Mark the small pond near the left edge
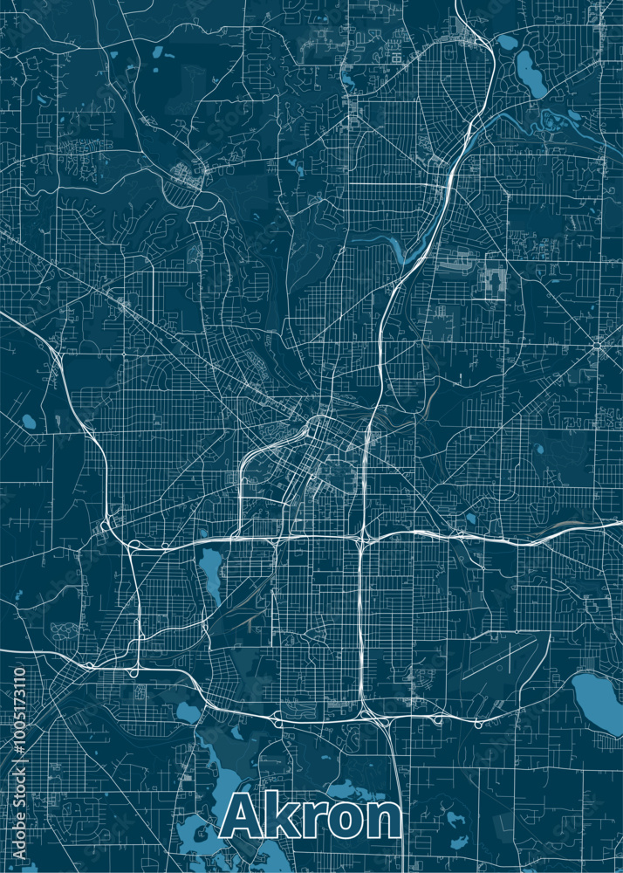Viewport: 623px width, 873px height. pyautogui.click(x=29, y=422)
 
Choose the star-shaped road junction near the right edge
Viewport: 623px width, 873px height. pyautogui.click(x=597, y=346)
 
